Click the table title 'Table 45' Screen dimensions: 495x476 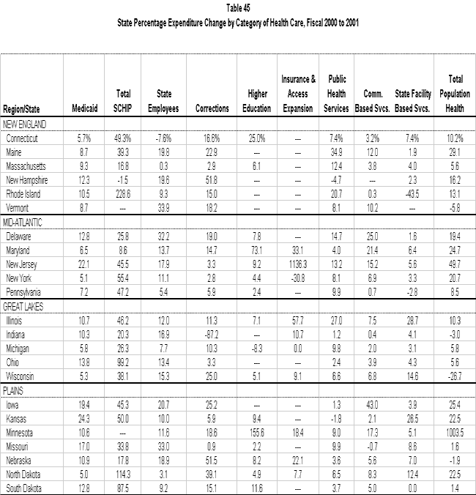click(237, 8)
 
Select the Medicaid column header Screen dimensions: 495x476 click(85, 108)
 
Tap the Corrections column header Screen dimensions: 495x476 click(212, 108)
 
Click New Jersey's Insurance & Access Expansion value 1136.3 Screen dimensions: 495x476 click(299, 264)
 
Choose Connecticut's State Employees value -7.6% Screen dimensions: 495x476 click(165, 137)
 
